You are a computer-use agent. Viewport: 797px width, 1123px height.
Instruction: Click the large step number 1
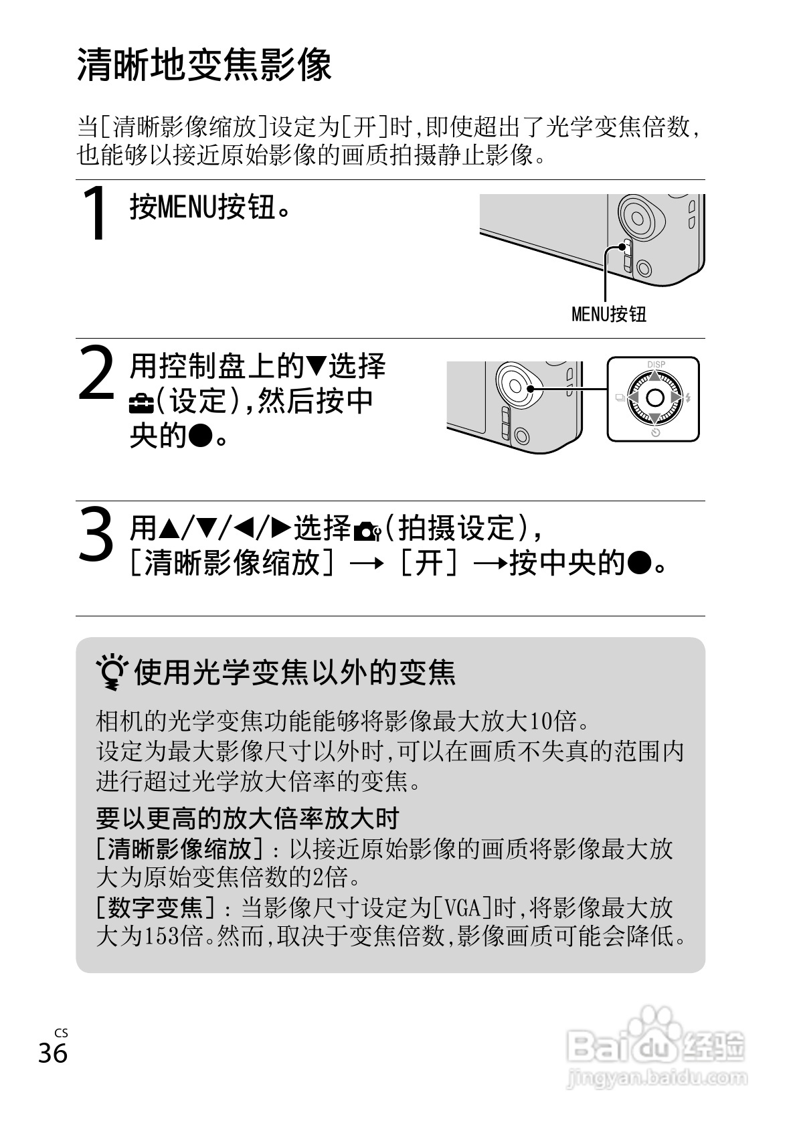95,213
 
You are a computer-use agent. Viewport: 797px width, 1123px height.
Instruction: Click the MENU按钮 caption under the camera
608,315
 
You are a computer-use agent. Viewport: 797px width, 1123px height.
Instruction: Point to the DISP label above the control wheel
656,365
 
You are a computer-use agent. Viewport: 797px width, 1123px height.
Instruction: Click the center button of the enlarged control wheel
654,398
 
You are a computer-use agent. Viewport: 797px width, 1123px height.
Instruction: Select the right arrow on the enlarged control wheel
676,398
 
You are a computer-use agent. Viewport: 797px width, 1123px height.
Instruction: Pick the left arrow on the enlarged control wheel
633,398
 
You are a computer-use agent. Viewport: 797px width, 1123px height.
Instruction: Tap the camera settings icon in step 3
367,533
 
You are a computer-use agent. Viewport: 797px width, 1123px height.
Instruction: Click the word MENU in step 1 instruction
187,207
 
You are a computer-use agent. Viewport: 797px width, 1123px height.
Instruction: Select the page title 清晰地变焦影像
204,65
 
